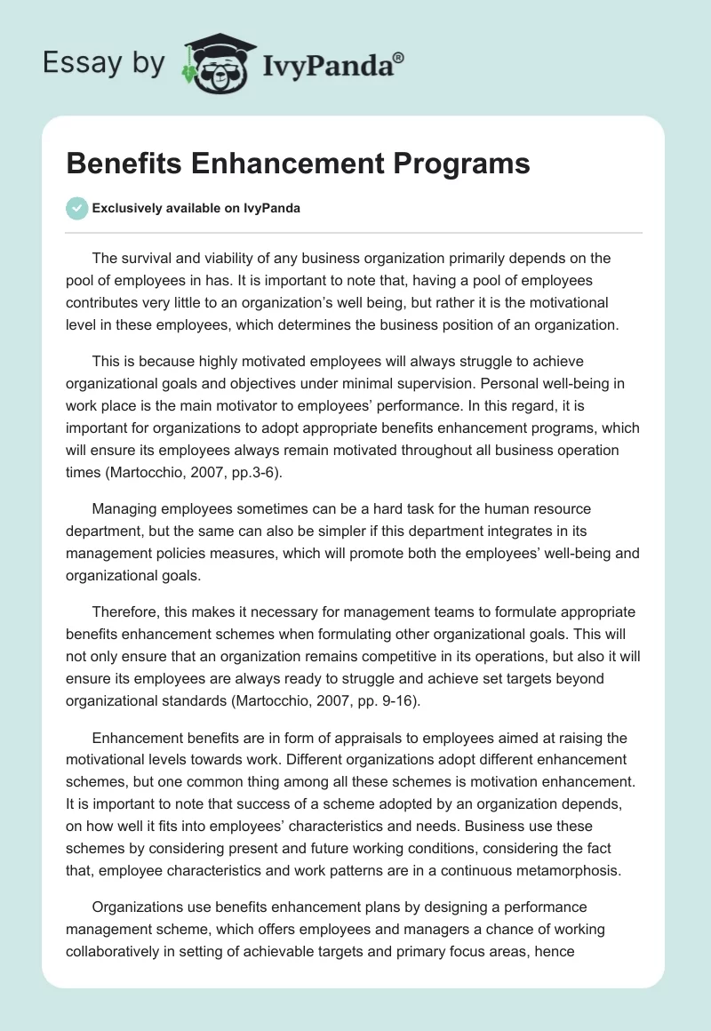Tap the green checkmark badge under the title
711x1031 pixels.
pyautogui.click(x=76, y=208)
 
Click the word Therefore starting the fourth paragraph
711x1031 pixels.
pyautogui.click(x=131, y=611)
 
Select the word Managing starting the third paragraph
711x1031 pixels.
pyautogui.click(x=127, y=508)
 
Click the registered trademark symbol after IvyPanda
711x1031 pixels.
pyautogui.click(x=399, y=57)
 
